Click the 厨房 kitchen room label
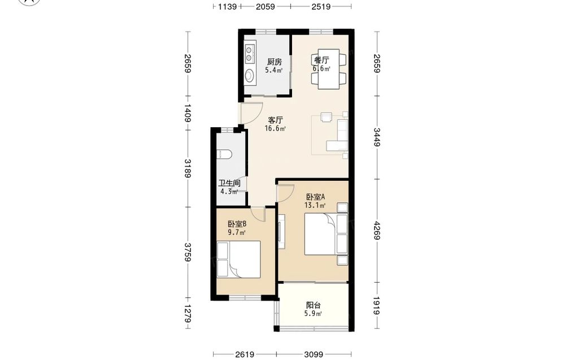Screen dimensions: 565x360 pos(274,62)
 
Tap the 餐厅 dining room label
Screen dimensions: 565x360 pos(321,60)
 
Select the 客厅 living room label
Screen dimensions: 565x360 pos(275,120)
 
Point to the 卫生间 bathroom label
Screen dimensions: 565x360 pos(229,183)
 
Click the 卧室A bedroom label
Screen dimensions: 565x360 pos(316,197)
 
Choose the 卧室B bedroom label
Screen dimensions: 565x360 pos(237,224)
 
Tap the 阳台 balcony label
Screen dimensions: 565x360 pos(313,305)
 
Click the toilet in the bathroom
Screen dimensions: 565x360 pos(224,154)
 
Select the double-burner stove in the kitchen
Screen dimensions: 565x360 pos(249,53)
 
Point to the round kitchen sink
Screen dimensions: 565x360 pos(249,75)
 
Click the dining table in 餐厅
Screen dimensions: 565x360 pos(329,69)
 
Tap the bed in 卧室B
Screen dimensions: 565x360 pos(238,259)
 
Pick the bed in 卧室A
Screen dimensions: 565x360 pos(326,234)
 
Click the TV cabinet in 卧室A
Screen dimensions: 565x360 pos(281,231)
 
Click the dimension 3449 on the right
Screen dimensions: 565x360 pos(377,137)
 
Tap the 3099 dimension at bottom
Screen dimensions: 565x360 pos(314,354)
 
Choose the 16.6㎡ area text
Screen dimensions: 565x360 pos(275,129)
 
